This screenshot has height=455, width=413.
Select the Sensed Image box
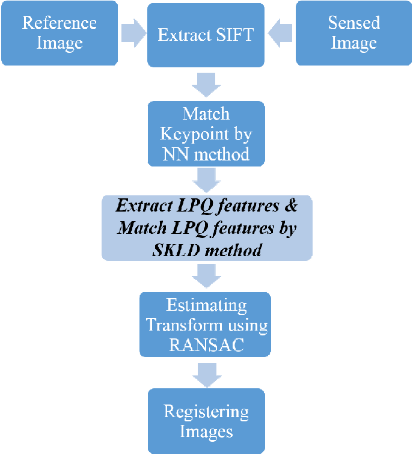(353, 33)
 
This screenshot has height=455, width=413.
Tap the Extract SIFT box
(206, 34)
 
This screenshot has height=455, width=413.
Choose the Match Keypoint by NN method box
(206, 133)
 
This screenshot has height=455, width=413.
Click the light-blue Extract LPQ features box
(207, 228)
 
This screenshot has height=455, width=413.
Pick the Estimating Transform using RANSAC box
(206, 325)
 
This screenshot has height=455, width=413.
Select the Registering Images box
(206, 421)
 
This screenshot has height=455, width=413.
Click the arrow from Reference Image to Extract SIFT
(132, 34)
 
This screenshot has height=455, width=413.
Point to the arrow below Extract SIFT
(206, 84)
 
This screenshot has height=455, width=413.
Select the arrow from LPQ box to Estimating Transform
(206, 276)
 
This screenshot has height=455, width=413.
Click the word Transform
(181, 325)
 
